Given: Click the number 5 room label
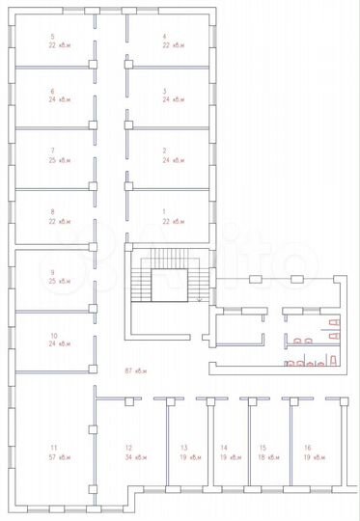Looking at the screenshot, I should point(52,36).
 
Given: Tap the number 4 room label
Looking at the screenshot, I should point(165,36).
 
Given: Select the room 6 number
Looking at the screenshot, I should point(52,92).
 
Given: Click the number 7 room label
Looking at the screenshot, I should point(52,151).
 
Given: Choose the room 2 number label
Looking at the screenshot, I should point(165,151).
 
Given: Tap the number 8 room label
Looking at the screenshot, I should point(52,211).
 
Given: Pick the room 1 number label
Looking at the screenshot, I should point(165,211).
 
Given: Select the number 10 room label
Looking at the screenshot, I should point(54,336).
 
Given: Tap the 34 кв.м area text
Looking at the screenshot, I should point(135,457).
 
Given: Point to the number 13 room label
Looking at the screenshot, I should point(183,449).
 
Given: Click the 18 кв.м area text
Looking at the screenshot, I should point(263,457).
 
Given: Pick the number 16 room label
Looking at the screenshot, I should point(307,449).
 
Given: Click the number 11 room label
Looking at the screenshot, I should point(54,449).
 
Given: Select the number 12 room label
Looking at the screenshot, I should point(127,449).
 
